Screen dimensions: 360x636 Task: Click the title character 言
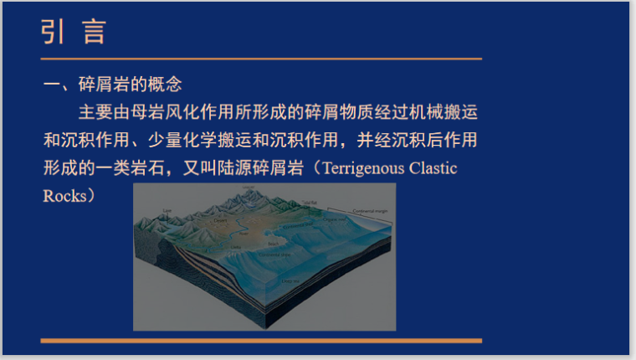coord(95,31)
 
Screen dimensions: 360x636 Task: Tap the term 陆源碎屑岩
coord(255,167)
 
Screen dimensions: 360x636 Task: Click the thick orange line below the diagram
coord(261,340)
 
